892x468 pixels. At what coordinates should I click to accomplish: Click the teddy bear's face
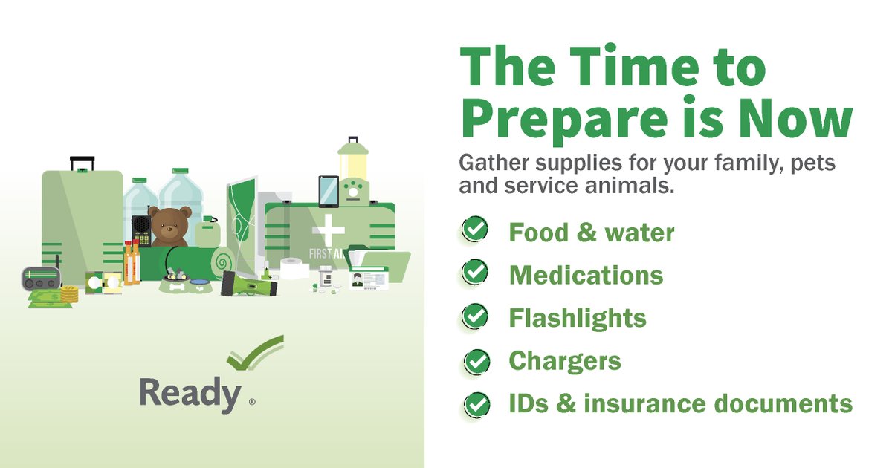tap(169, 226)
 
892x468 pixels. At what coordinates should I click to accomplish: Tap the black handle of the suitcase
tap(82, 162)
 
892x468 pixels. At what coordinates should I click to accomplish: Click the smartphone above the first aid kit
tap(328, 191)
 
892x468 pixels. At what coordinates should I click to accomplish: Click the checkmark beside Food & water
tap(475, 230)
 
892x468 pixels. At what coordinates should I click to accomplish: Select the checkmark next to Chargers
tap(476, 361)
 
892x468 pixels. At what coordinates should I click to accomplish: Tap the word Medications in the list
tap(586, 276)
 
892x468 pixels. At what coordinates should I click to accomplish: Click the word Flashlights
tap(578, 319)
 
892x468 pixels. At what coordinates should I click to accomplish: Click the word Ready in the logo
tap(190, 393)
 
